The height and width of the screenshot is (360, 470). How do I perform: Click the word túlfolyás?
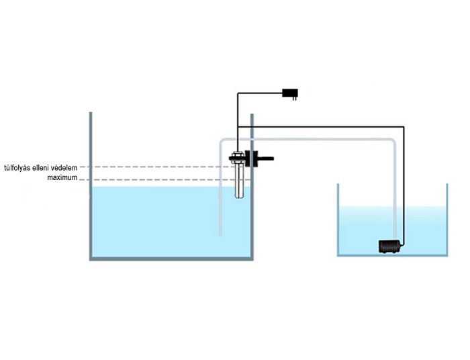pyautogui.click(x=21, y=167)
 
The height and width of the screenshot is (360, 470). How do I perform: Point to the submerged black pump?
pyautogui.click(x=389, y=246)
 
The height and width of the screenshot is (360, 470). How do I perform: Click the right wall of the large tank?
pyautogui.click(x=252, y=215)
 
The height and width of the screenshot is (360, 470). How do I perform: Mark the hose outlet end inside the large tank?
pyautogui.click(x=221, y=233)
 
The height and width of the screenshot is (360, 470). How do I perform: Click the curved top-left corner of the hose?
pyautogui.click(x=223, y=141)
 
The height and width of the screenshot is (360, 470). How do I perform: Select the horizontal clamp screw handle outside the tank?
pyautogui.click(x=266, y=160)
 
